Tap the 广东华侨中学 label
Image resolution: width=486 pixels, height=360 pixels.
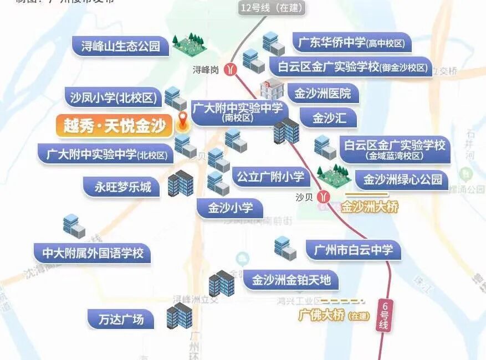[x=351, y=43]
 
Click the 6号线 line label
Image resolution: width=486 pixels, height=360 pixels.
[x=383, y=316]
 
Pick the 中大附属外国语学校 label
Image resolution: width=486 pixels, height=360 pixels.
[x=93, y=253]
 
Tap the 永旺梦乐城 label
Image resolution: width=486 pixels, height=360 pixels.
[x=118, y=187]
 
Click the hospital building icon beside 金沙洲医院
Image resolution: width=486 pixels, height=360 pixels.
[x=272, y=89]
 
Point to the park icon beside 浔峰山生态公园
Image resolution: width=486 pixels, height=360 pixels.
[x=189, y=42]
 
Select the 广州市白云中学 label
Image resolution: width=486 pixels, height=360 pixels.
[x=353, y=250]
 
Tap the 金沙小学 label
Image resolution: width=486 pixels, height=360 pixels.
[x=230, y=208]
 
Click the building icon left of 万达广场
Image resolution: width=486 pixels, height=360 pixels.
[x=178, y=317]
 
